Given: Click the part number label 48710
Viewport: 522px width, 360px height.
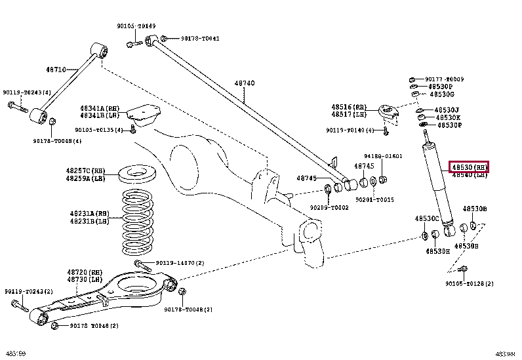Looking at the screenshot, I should pyautogui.click(x=56, y=69).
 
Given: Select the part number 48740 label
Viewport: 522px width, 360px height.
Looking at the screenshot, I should pyautogui.click(x=245, y=83).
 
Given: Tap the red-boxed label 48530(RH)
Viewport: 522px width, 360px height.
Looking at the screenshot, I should pyautogui.click(x=469, y=167).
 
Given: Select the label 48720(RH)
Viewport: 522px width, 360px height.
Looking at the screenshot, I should pyautogui.click(x=85, y=271).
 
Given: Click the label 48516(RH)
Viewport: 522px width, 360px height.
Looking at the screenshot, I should pyautogui.click(x=351, y=106).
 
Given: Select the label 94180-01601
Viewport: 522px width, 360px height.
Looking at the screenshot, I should pyautogui.click(x=384, y=156).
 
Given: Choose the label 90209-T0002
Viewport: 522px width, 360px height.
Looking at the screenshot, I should pyautogui.click(x=329, y=207).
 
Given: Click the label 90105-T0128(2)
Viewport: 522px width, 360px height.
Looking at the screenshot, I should pyautogui.click(x=470, y=283).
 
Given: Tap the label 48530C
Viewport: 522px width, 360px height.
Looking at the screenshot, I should pyautogui.click(x=426, y=218).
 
